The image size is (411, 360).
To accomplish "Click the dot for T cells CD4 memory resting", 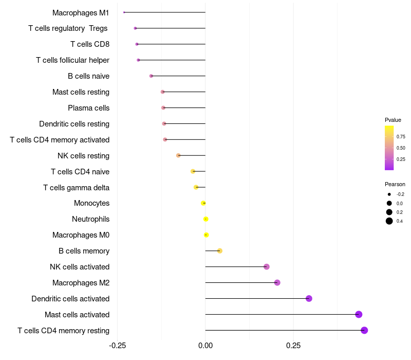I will point(364,330).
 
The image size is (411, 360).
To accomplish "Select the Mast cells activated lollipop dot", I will point(359,314).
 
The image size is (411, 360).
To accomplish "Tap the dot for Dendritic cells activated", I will point(309,298).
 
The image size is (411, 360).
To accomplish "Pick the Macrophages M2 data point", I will point(277,282).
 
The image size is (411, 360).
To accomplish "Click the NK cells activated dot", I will point(267,266).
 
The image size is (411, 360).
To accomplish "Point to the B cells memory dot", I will point(220,250).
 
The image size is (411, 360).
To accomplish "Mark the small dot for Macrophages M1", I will point(124,12).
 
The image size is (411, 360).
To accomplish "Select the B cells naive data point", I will point(151,76).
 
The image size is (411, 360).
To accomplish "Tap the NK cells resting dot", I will point(178,155).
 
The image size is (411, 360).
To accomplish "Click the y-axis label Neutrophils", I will point(91,219).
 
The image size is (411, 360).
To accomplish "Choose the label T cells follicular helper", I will point(72,60).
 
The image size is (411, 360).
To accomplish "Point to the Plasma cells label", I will point(88,108).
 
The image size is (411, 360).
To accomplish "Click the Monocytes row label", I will point(91,203).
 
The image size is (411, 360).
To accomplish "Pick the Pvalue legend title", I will point(393,120).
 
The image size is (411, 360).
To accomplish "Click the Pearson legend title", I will point(395,184).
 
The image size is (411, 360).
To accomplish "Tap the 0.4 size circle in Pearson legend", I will point(389,221).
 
